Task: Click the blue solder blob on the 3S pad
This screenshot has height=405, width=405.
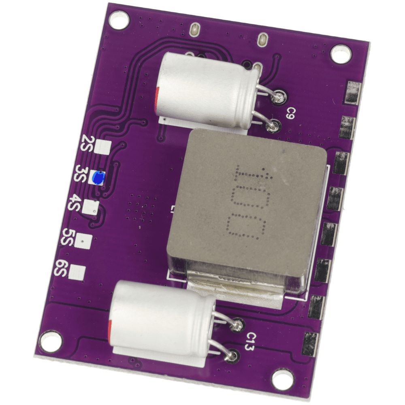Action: click(98, 178)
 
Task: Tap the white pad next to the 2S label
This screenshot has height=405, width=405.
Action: click(102, 147)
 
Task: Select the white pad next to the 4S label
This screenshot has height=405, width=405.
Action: click(90, 207)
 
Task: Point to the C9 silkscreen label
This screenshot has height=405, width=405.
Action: click(290, 114)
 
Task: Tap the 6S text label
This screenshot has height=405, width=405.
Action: click(60, 269)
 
